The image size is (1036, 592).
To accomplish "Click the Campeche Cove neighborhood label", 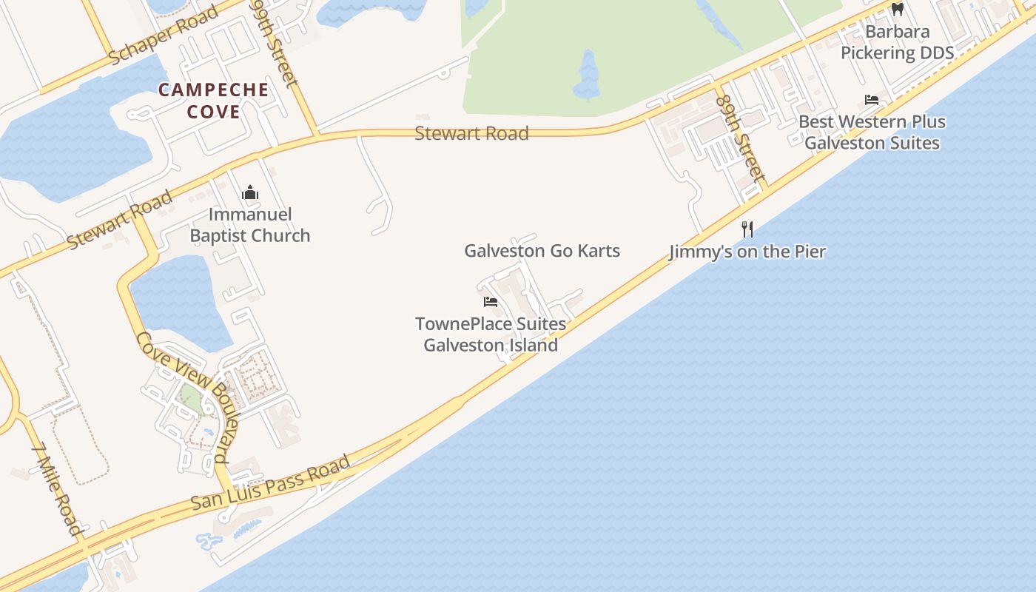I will coord(213,101).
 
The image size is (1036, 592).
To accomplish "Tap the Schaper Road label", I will coord(164,35).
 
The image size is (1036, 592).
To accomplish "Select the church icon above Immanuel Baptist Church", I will coord(250,193).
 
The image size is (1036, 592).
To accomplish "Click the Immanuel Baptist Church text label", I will coord(250,225).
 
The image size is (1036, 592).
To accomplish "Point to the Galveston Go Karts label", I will coord(542,251).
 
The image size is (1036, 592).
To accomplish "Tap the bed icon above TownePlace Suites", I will coord(490,302).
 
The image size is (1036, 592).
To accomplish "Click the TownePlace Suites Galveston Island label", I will coord(491,334).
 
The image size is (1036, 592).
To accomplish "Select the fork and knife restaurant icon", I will coord(747,229).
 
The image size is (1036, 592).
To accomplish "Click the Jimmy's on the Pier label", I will coord(747,252).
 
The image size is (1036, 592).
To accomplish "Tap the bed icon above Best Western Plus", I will coord(872,100).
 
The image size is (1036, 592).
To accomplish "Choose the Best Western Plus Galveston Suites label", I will coord(872,132).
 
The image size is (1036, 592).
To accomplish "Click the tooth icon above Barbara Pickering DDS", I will coord(898,10).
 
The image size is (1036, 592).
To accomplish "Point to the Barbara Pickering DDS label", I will coord(897,42).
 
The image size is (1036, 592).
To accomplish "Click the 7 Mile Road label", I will coord(57,488).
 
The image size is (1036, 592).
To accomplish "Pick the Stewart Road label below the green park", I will coord(471,133).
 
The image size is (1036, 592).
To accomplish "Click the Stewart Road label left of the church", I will coord(120,219).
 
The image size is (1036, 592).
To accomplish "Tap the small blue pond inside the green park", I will coord(588,76).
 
